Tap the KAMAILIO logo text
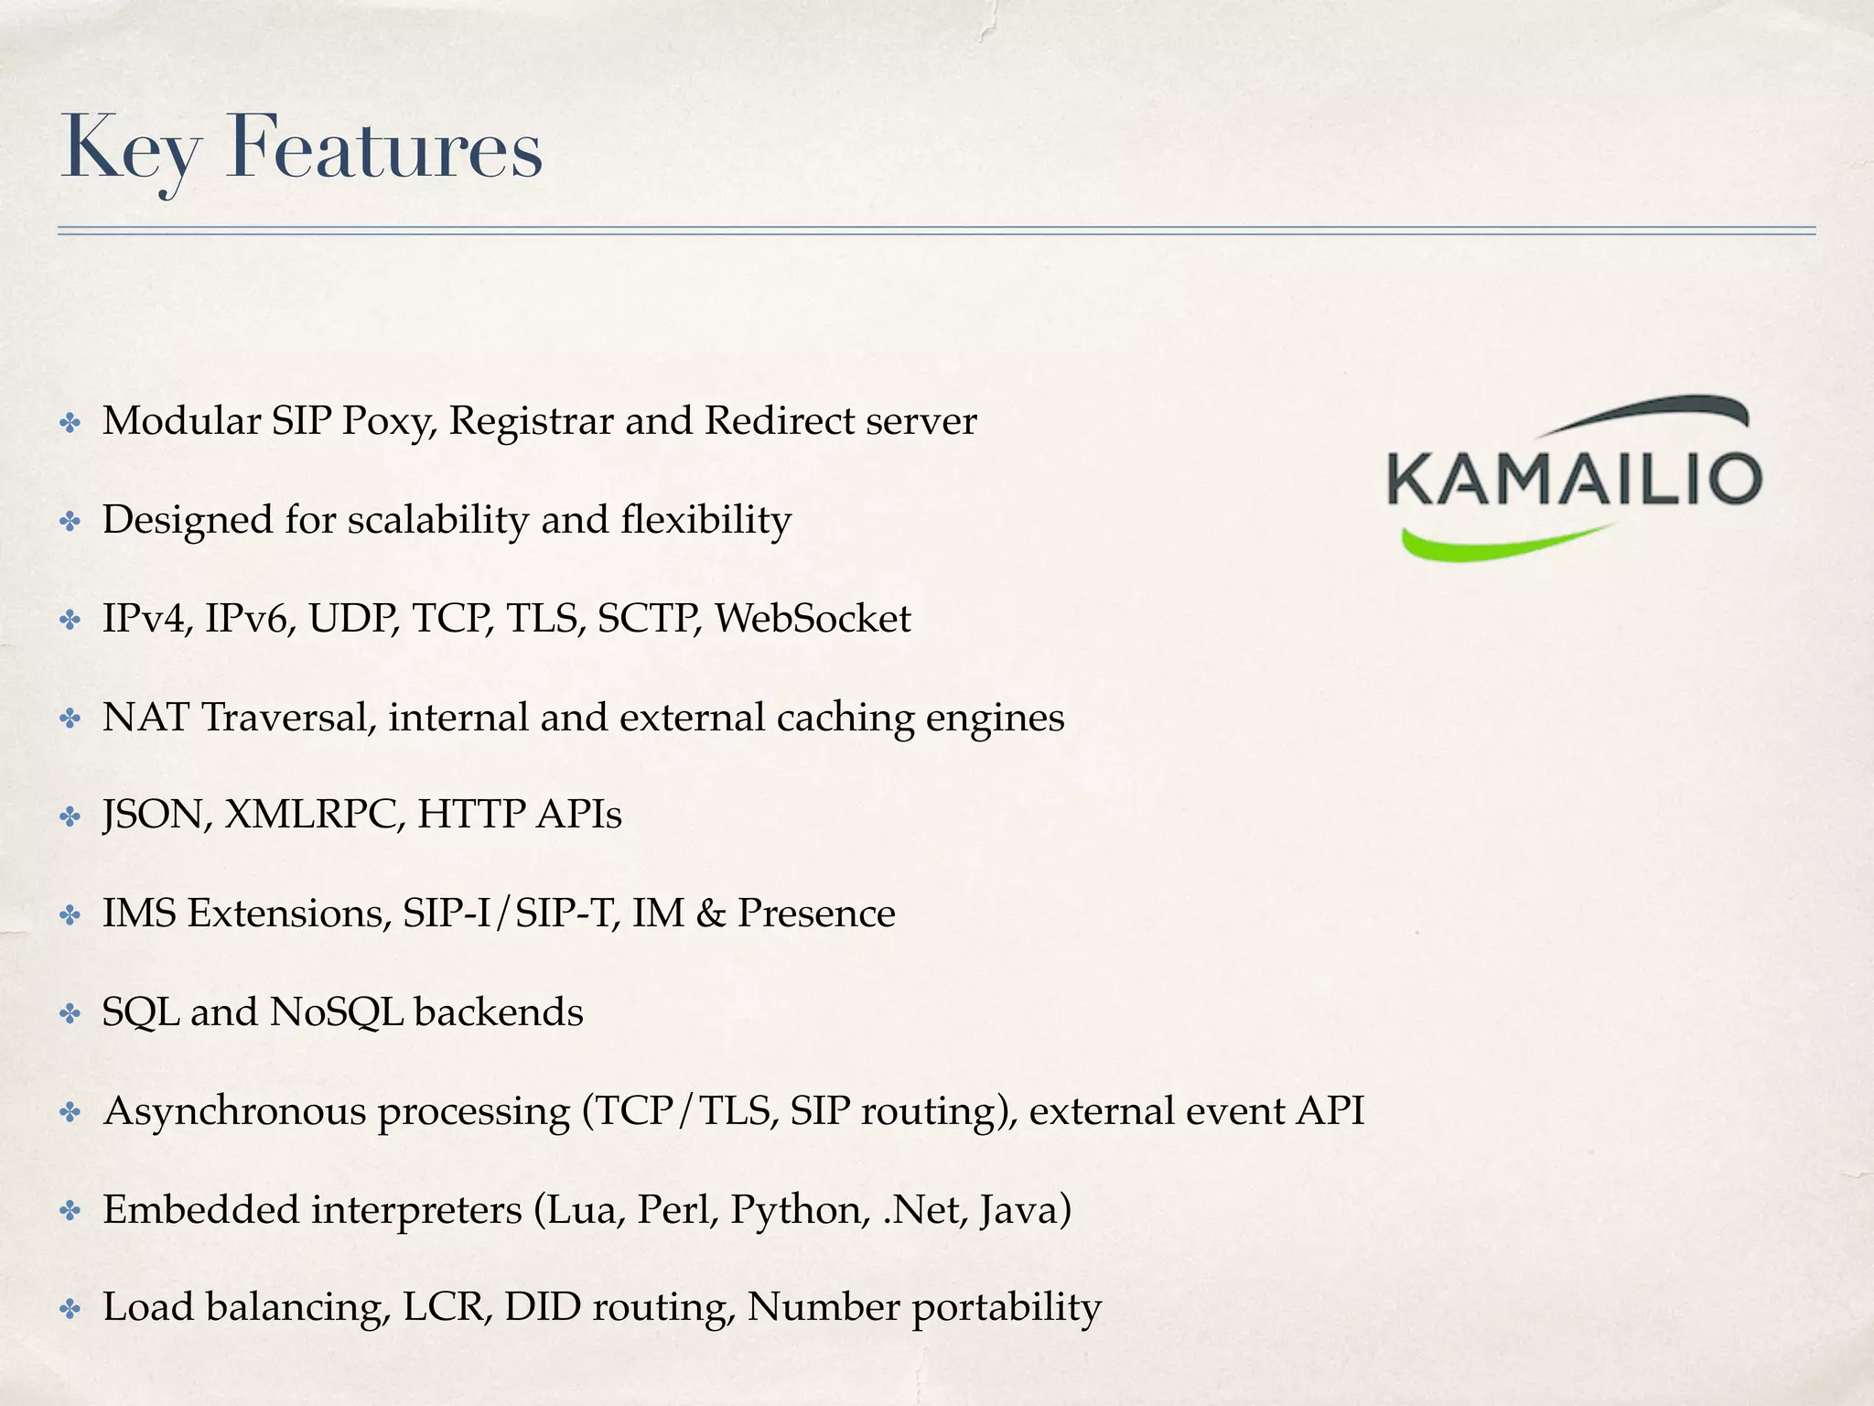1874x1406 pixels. [x=1574, y=477]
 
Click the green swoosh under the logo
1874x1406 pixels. [x=1501, y=543]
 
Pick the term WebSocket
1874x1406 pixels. [x=813, y=619]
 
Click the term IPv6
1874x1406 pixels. [x=249, y=619]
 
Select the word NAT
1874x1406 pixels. [x=145, y=717]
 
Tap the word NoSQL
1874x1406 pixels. [x=336, y=1012]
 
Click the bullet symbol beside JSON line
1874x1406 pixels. [x=70, y=817]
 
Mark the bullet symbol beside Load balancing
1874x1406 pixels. [x=70, y=1310]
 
